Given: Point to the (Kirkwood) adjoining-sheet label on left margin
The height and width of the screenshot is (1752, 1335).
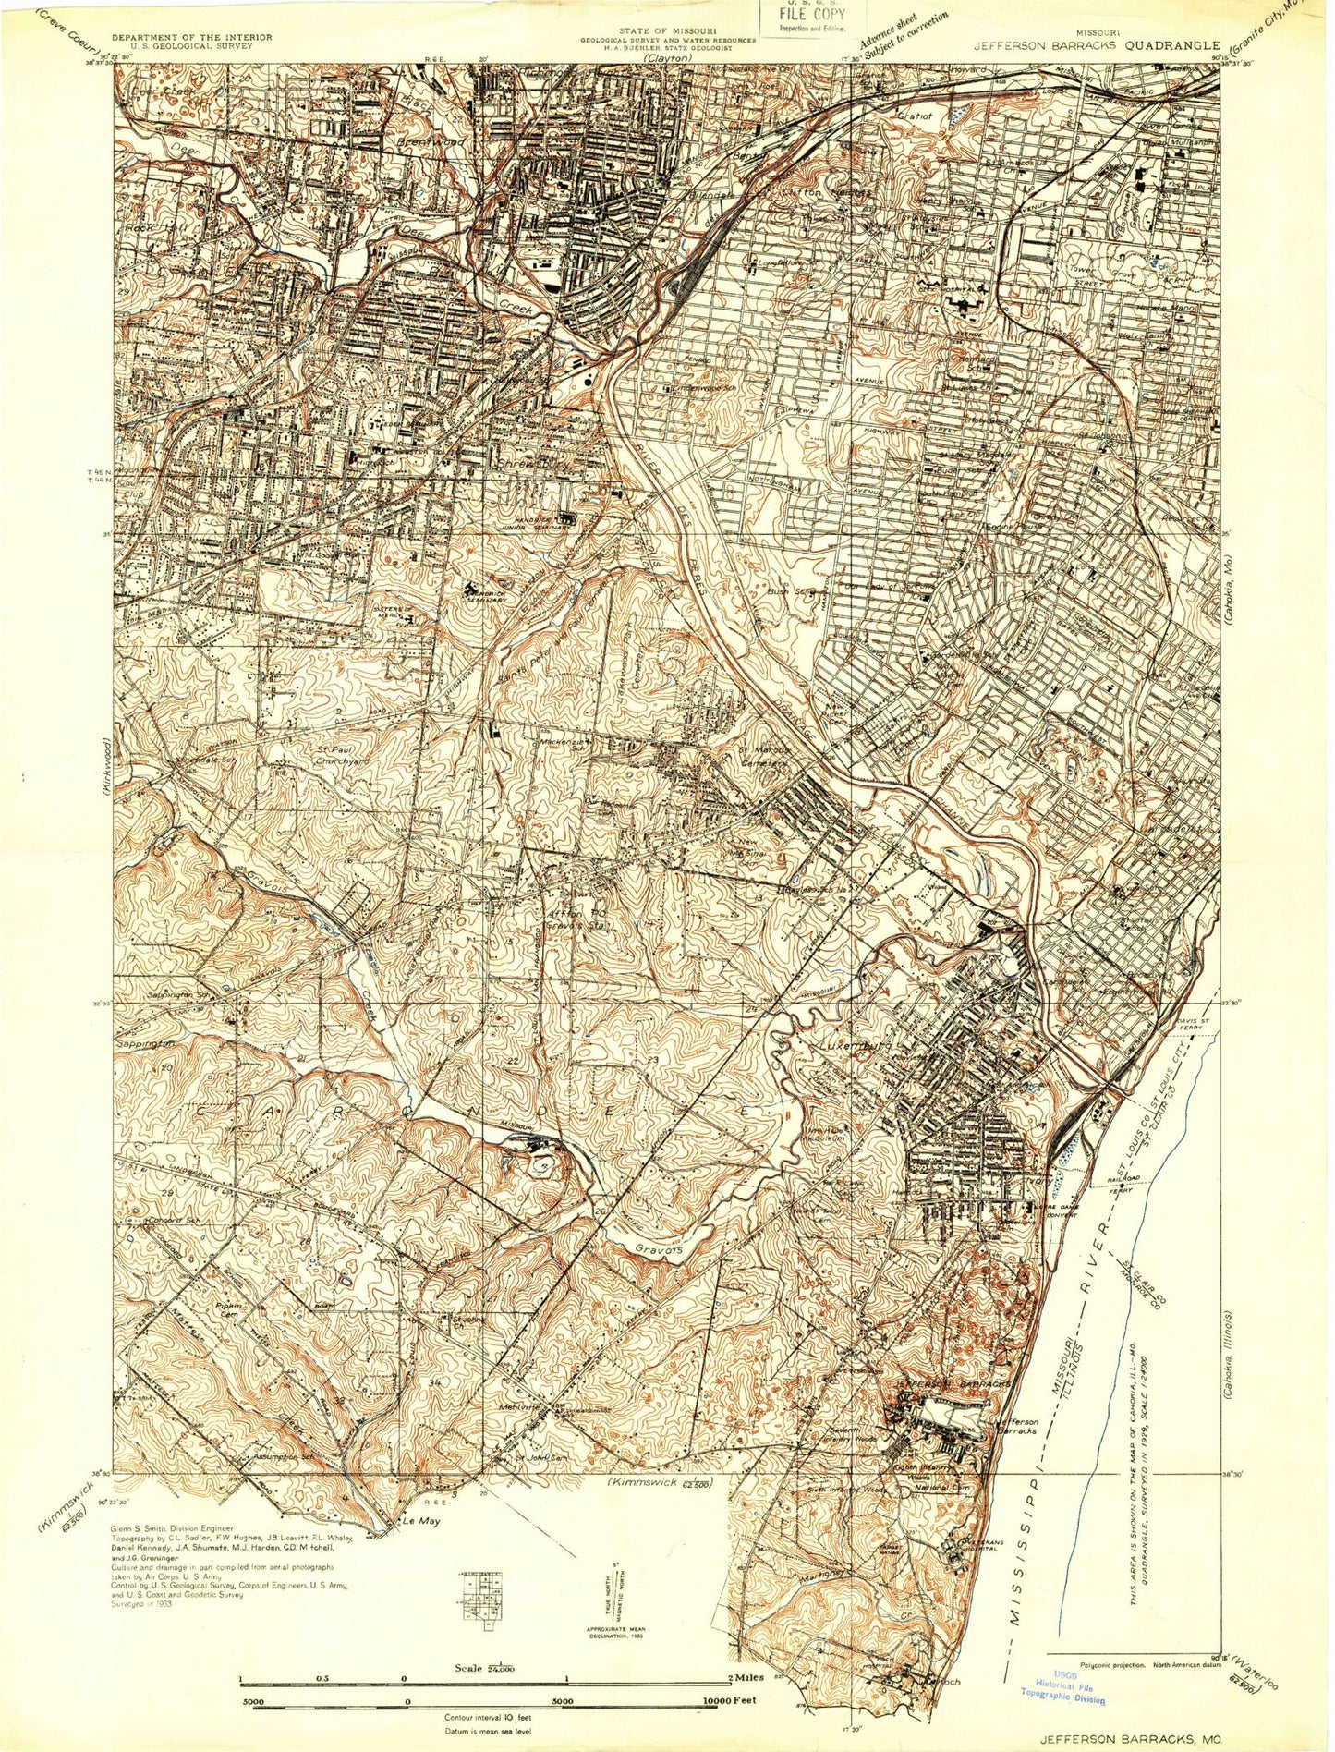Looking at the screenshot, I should (x=104, y=761).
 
